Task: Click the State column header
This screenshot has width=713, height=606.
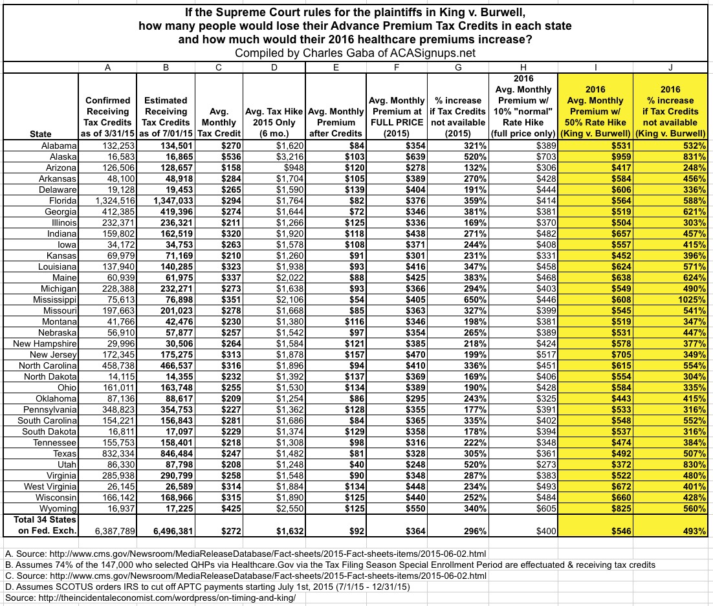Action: pyautogui.click(x=41, y=134)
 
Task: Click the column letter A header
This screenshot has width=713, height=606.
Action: pyautogui.click(x=105, y=67)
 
